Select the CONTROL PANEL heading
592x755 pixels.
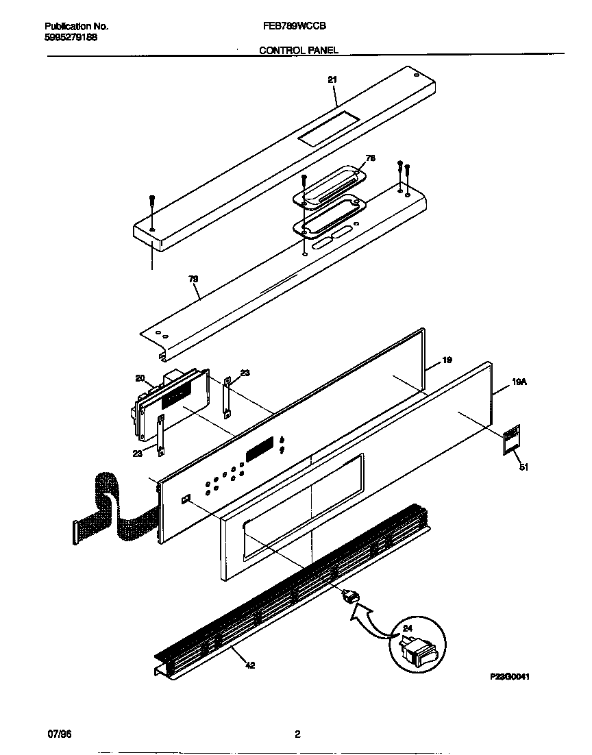(x=298, y=50)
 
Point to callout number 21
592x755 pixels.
(x=332, y=80)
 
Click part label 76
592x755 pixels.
(x=371, y=158)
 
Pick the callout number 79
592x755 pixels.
(x=193, y=279)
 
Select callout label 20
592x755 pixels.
(x=140, y=378)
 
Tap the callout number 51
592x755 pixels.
(x=524, y=468)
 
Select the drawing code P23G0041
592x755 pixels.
(x=510, y=676)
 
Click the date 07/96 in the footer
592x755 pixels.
(x=60, y=734)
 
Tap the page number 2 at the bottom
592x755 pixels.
(x=297, y=734)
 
